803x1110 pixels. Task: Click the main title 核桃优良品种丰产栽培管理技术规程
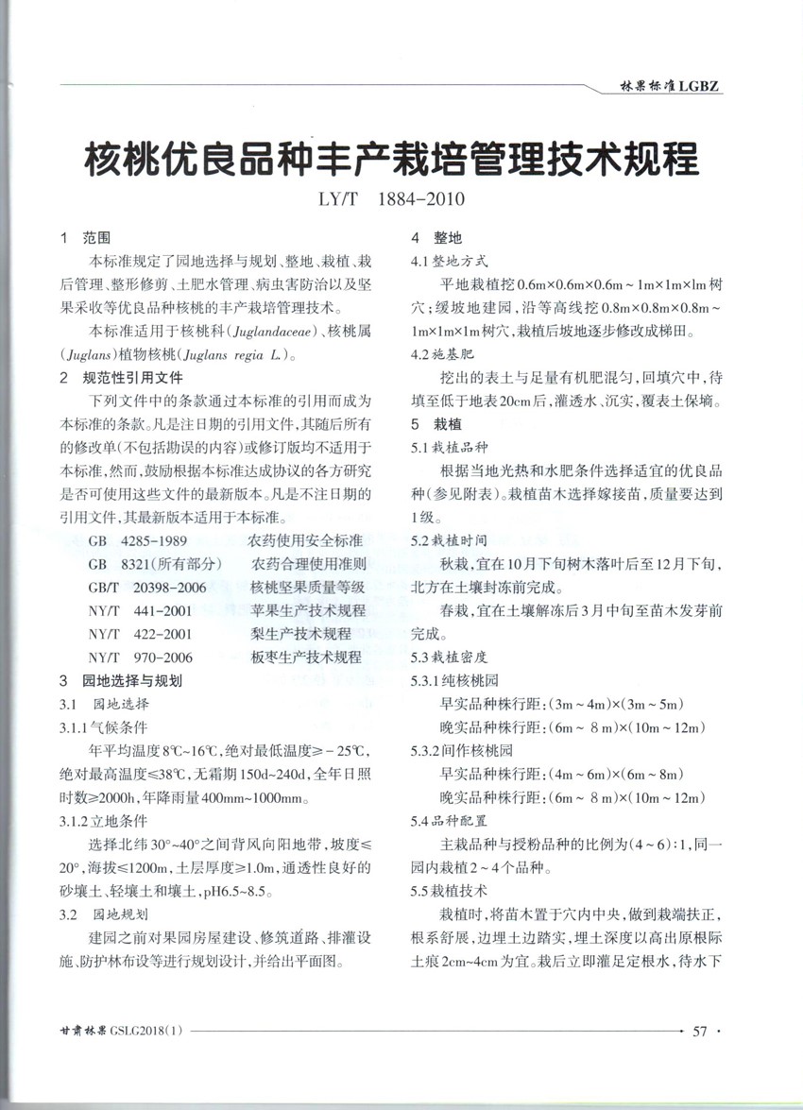pos(393,161)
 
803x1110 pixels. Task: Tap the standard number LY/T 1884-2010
pos(393,201)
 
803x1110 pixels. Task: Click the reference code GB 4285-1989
pos(138,541)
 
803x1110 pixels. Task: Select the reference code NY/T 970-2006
pos(141,657)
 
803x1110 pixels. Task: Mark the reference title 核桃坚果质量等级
pos(307,588)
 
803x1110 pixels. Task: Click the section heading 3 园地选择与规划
pos(120,680)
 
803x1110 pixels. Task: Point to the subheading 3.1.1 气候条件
pos(104,727)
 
